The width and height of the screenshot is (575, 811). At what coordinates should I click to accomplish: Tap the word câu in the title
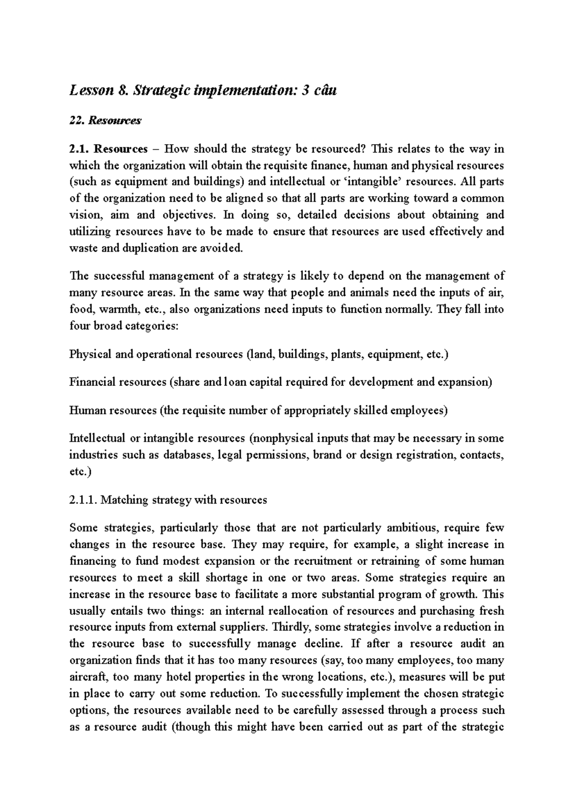point(325,90)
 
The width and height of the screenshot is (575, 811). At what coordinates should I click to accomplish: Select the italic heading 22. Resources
point(105,121)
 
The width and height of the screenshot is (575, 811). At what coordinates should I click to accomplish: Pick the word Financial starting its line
point(92,382)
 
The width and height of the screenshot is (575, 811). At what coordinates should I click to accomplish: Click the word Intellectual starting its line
point(97,438)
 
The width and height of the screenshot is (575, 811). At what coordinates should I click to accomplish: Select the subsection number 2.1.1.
point(83,500)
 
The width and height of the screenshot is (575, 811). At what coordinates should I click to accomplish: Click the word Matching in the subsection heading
point(125,500)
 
